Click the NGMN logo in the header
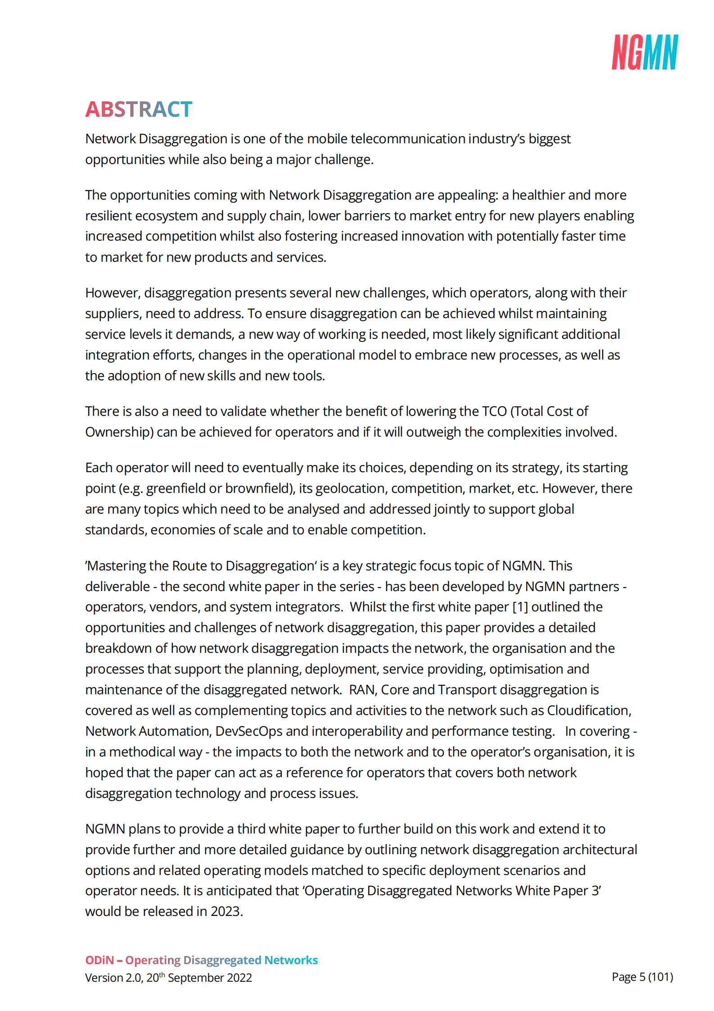644,52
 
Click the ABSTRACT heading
139,109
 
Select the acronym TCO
494,411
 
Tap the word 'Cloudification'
589,710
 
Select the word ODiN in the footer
99,960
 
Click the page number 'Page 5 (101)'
642,977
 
